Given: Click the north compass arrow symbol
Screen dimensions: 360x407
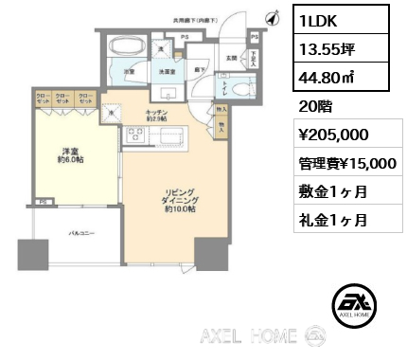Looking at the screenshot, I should [273, 16].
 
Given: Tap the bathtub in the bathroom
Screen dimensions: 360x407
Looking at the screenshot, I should [126, 47].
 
